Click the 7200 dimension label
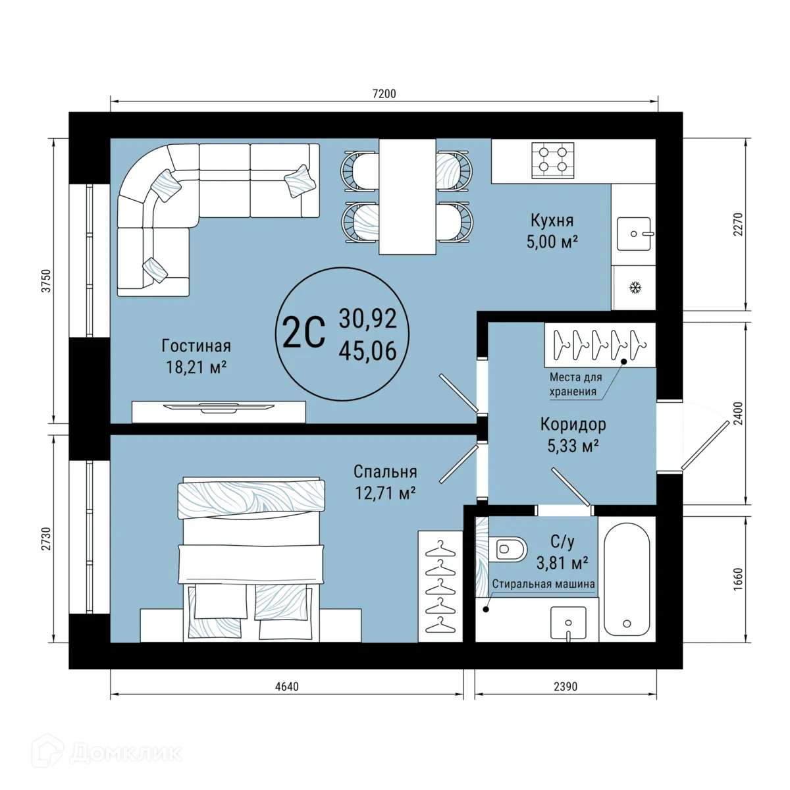point(384,94)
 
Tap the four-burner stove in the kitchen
point(552,160)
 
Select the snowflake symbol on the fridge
point(635,288)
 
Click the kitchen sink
point(634,234)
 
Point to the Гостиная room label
point(196,346)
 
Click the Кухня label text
point(552,221)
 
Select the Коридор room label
point(573,425)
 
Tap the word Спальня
point(385,471)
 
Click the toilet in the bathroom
point(508,549)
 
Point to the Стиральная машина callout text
point(543,584)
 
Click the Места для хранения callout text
point(575,384)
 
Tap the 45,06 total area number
point(368,351)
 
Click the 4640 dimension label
point(287,686)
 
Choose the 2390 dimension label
point(566,686)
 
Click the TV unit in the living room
point(219,412)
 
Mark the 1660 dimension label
point(737,579)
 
